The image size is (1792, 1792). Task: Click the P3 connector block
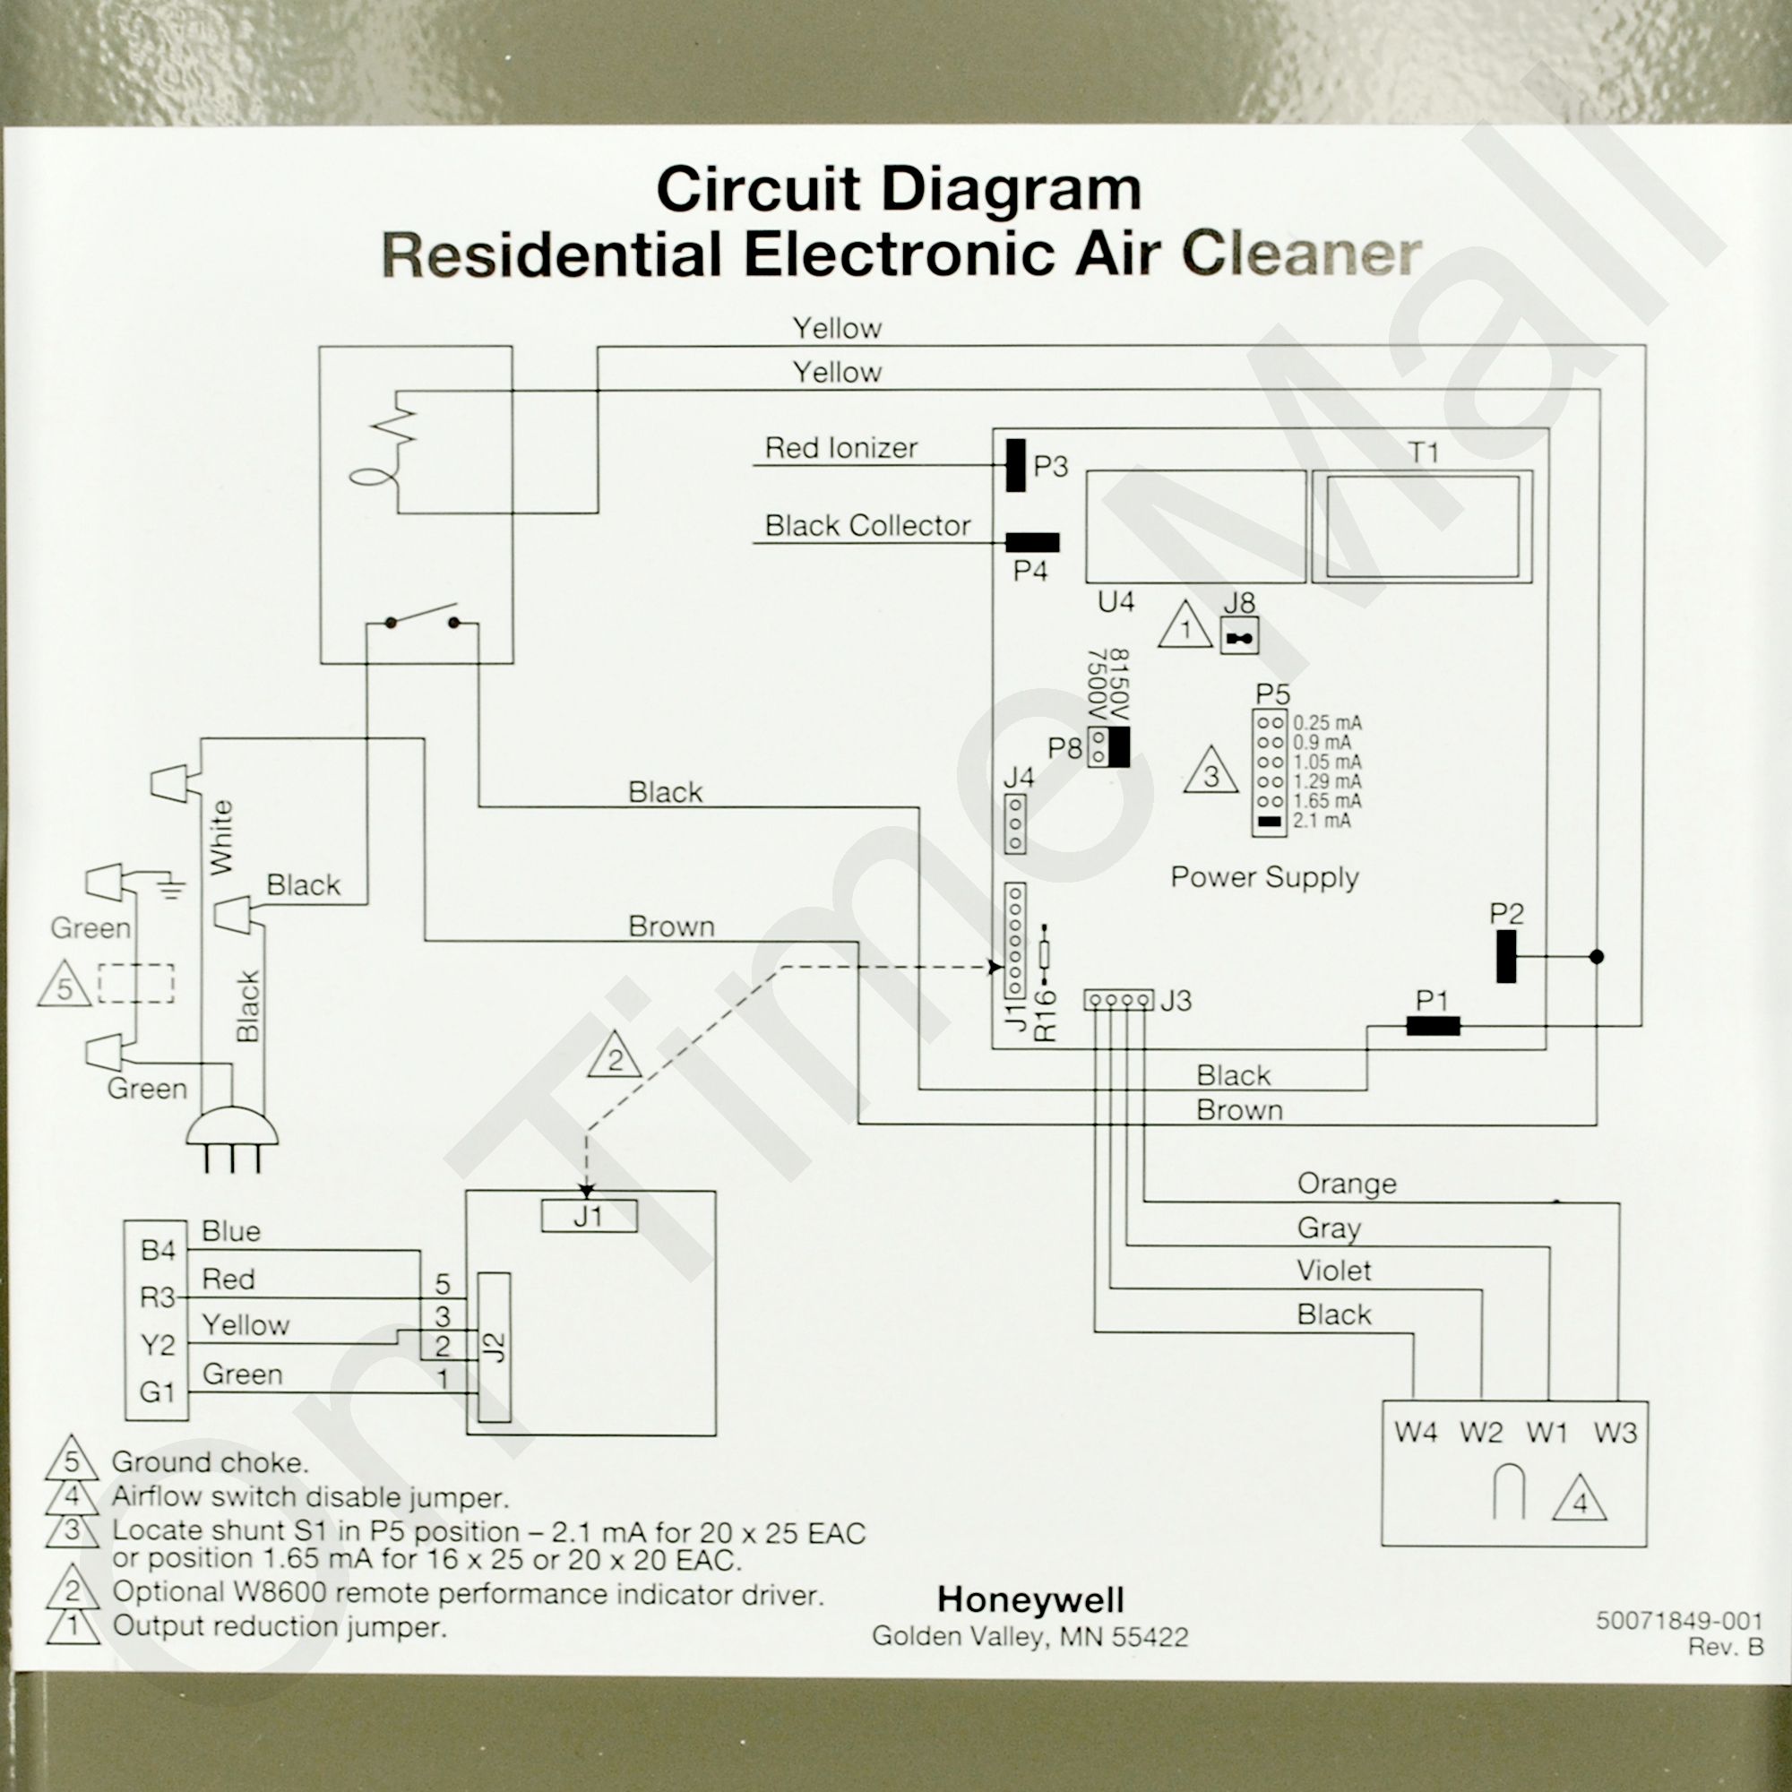tap(1016, 466)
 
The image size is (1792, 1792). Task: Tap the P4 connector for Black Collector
tap(1032, 543)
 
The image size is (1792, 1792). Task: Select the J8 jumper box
tap(1239, 637)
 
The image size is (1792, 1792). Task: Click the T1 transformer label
tap(1423, 452)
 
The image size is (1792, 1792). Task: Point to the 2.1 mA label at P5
tap(1322, 821)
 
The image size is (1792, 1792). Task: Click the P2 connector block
tap(1505, 956)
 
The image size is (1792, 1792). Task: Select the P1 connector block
tap(1433, 1026)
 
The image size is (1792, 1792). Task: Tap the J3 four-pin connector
tap(1118, 1001)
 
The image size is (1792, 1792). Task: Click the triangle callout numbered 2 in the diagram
tap(615, 1058)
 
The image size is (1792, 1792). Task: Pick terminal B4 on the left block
tap(158, 1251)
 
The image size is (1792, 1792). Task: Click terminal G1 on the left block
tap(158, 1392)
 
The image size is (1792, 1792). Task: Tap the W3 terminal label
tap(1615, 1433)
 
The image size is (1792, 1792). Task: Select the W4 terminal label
tap(1416, 1433)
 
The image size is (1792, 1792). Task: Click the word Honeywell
tap(1030, 1600)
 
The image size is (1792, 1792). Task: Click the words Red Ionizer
tap(840, 448)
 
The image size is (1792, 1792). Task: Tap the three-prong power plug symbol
tap(232, 1135)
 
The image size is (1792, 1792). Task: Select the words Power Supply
tap(1264, 877)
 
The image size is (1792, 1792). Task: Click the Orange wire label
tap(1346, 1184)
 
